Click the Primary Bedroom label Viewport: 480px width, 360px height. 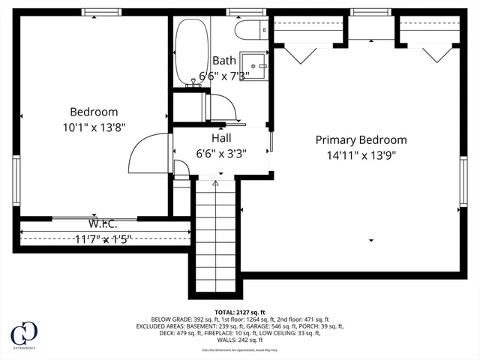[361, 139]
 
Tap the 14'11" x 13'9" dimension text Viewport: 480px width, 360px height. [361, 155]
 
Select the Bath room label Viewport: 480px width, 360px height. [223, 60]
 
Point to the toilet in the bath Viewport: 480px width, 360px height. [247, 30]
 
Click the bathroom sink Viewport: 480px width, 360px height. [259, 65]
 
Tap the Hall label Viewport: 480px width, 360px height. [221, 138]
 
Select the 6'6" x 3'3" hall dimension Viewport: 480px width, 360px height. [221, 153]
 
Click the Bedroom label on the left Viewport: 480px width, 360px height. [94, 112]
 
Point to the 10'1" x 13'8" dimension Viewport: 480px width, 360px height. [94, 127]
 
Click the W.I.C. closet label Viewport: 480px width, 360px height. [102, 224]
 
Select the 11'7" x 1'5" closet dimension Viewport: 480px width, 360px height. [102, 239]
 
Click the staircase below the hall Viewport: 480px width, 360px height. [216, 240]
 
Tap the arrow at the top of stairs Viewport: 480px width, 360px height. [216, 182]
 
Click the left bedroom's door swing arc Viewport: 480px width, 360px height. [142, 150]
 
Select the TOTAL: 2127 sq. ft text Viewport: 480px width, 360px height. [239, 311]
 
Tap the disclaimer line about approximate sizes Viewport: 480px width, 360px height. [239, 349]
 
